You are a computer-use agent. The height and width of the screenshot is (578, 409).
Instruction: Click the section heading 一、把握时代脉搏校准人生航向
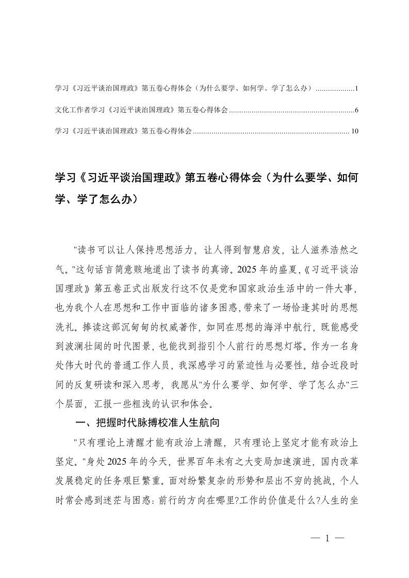click(148, 424)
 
